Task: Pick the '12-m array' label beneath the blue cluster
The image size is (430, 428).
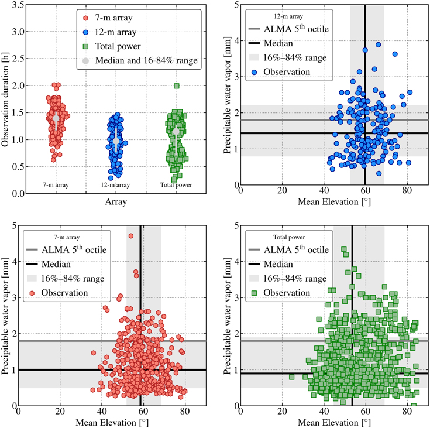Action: pyautogui.click(x=116, y=186)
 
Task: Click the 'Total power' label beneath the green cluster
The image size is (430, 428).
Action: pyautogui.click(x=176, y=186)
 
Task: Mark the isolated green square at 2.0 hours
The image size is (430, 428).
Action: pyautogui.click(x=176, y=86)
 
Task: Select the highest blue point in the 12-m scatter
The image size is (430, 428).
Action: pyautogui.click(x=379, y=44)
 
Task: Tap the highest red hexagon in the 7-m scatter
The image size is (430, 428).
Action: pyautogui.click(x=130, y=236)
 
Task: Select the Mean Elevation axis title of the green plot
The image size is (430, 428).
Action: pyautogui.click(x=333, y=421)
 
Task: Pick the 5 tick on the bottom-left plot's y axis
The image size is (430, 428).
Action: pyautogui.click(x=12, y=225)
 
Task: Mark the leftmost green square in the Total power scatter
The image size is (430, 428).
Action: pyautogui.click(x=291, y=376)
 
